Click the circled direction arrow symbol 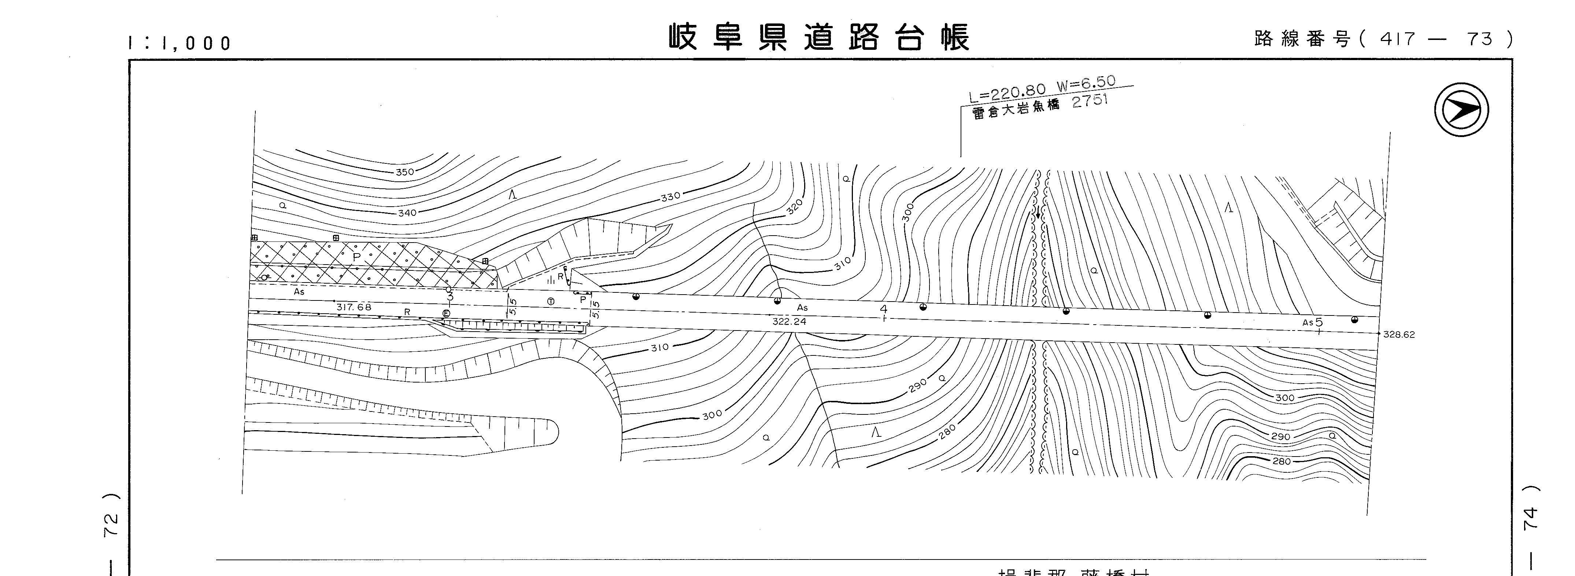point(1461,110)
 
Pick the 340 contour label point(407,213)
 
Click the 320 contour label point(794,207)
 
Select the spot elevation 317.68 point(354,307)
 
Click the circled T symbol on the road point(551,302)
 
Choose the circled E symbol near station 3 point(446,314)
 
